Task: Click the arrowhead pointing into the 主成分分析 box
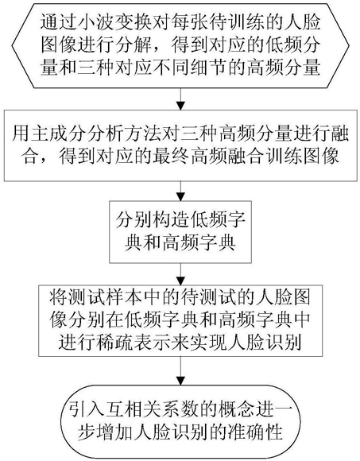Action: pyautogui.click(x=180, y=106)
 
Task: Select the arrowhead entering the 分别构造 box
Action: pyautogui.click(x=180, y=196)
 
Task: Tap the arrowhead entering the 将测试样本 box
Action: pyautogui.click(x=180, y=281)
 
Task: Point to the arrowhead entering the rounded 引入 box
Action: pyautogui.click(x=180, y=381)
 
